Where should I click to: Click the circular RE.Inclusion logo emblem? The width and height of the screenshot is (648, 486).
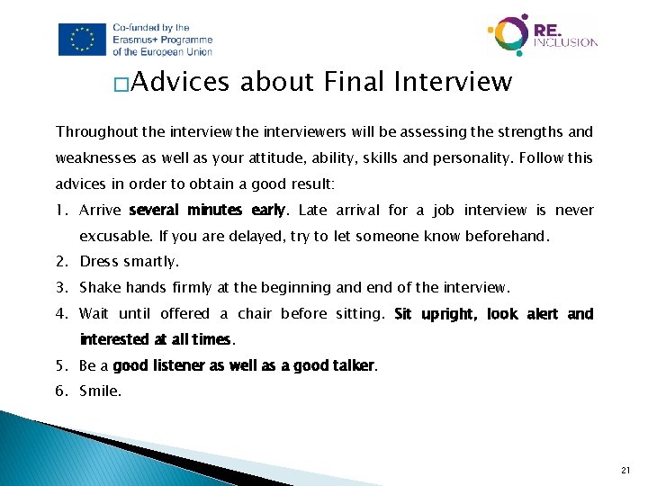click(508, 35)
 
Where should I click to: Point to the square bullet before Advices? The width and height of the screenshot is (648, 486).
click(121, 85)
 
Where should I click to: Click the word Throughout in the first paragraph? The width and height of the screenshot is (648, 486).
click(95, 131)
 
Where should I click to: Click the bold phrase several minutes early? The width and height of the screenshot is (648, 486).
click(207, 211)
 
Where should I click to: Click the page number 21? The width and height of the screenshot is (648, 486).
click(626, 470)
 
